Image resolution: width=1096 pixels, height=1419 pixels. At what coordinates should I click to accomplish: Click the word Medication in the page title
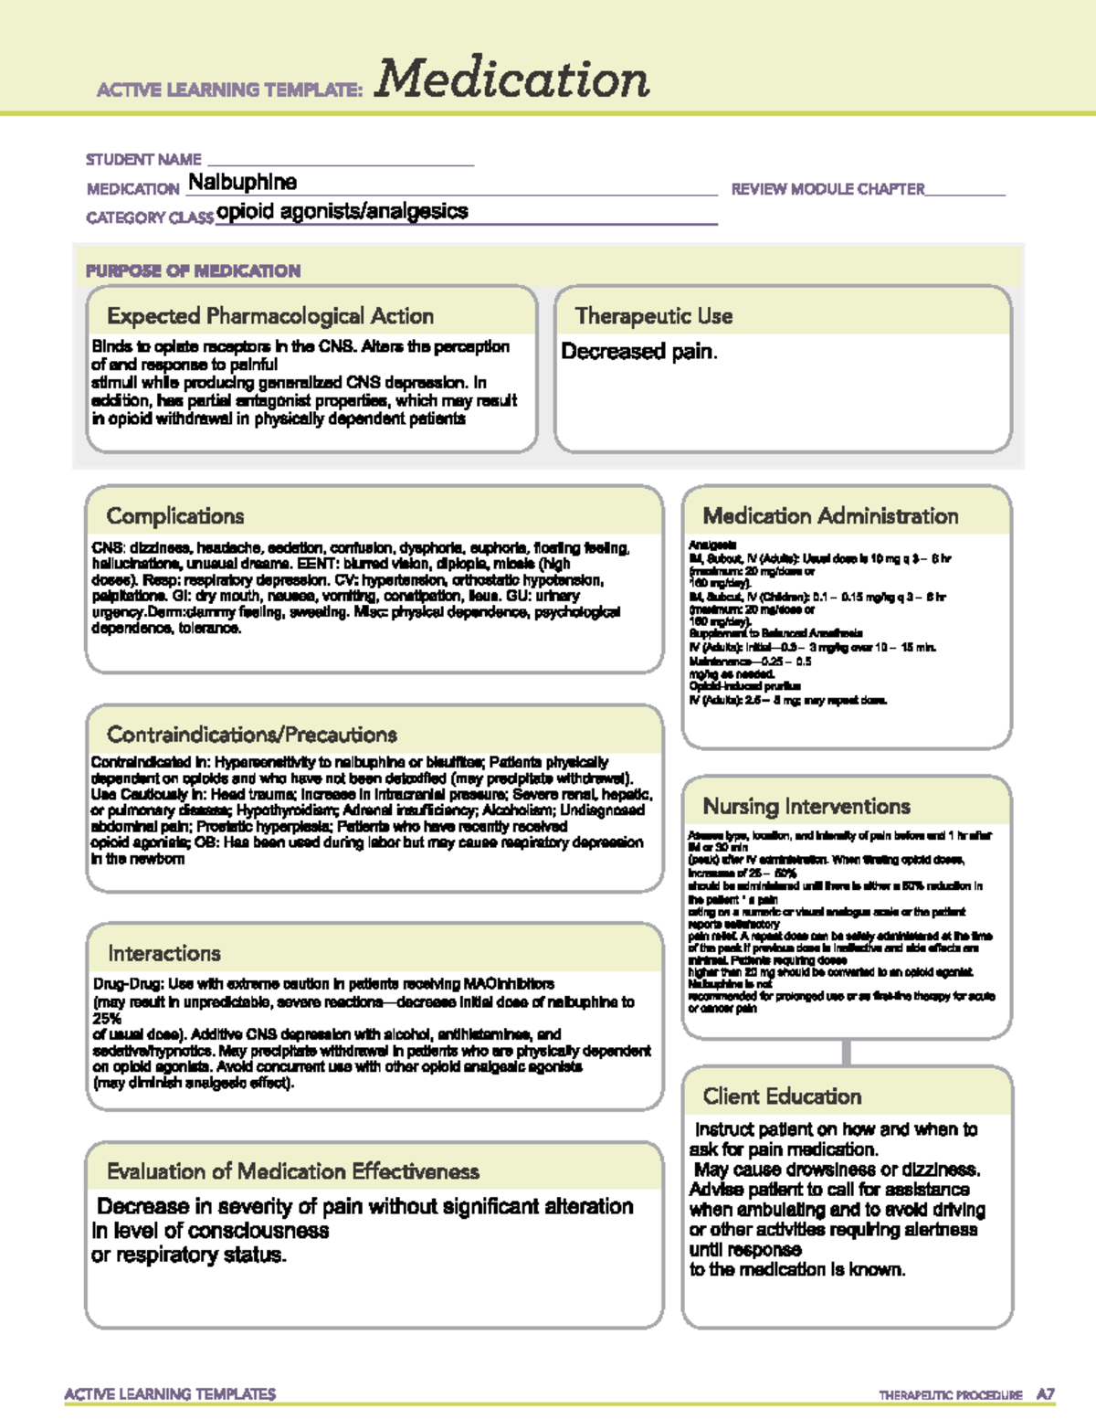[511, 79]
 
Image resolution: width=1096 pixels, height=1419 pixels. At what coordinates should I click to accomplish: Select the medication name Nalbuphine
[242, 182]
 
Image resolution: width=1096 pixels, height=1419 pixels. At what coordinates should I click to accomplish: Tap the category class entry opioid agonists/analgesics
[342, 211]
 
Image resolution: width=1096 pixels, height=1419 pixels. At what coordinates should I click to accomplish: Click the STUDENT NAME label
[143, 159]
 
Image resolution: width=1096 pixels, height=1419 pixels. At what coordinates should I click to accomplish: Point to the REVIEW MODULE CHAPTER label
[827, 189]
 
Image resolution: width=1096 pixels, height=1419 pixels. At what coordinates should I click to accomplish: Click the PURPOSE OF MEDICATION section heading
[193, 270]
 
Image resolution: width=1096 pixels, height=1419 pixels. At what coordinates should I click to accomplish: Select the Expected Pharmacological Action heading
[270, 316]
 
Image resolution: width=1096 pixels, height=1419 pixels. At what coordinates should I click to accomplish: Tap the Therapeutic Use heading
[654, 316]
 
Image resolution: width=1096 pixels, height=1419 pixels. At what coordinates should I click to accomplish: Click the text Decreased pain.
[639, 352]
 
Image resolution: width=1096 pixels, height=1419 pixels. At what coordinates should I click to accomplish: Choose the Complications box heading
[175, 516]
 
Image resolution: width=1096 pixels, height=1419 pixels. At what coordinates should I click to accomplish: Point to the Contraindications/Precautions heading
[252, 735]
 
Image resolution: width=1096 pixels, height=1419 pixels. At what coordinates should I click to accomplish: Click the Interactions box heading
[164, 953]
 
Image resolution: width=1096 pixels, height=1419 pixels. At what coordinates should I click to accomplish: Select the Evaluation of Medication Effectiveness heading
[293, 1171]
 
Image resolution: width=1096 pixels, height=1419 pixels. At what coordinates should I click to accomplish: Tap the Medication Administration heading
[830, 516]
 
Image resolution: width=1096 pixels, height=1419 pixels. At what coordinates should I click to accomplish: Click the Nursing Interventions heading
[806, 806]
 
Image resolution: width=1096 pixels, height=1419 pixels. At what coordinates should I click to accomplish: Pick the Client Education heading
[782, 1096]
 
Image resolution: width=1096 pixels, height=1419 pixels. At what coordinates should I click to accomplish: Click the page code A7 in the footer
[1045, 1394]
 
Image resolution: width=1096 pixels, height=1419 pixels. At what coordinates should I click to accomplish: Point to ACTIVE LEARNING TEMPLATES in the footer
[170, 1393]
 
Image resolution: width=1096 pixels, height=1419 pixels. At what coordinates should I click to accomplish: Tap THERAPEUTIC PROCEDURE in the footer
[950, 1395]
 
